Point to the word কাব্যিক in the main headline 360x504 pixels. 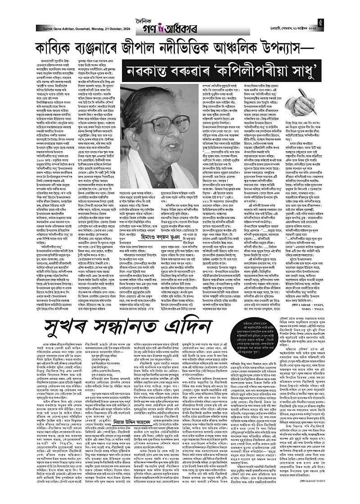pyautogui.click(x=57, y=48)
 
